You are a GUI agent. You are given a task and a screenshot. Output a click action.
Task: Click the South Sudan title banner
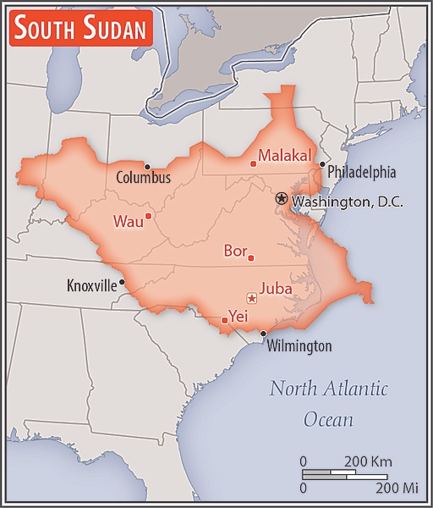[x=80, y=30]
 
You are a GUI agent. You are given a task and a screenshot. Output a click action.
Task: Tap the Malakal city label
[x=285, y=156]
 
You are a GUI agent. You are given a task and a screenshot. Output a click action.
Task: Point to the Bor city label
[x=234, y=251]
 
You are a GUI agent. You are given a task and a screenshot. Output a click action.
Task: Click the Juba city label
[x=277, y=289]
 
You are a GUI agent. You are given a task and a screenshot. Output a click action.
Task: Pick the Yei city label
[x=237, y=315]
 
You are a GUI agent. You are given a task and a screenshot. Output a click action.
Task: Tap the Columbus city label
[x=144, y=178]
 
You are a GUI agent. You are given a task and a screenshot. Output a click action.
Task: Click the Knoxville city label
[x=91, y=285]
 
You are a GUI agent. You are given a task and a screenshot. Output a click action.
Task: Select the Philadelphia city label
[x=361, y=171]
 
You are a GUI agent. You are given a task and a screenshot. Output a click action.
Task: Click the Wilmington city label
[x=299, y=345]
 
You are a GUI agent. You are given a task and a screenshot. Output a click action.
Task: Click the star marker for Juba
[x=251, y=297]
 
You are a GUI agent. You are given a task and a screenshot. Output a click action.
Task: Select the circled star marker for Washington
[x=282, y=198]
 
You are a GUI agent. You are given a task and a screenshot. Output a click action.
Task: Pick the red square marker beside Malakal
[x=254, y=163]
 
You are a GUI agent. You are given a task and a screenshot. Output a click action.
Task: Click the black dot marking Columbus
[x=147, y=166]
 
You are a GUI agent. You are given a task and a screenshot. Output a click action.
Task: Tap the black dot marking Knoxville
[x=123, y=282]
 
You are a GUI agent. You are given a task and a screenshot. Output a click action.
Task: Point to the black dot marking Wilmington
[x=263, y=334]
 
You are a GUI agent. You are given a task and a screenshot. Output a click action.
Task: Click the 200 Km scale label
[x=369, y=461]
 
